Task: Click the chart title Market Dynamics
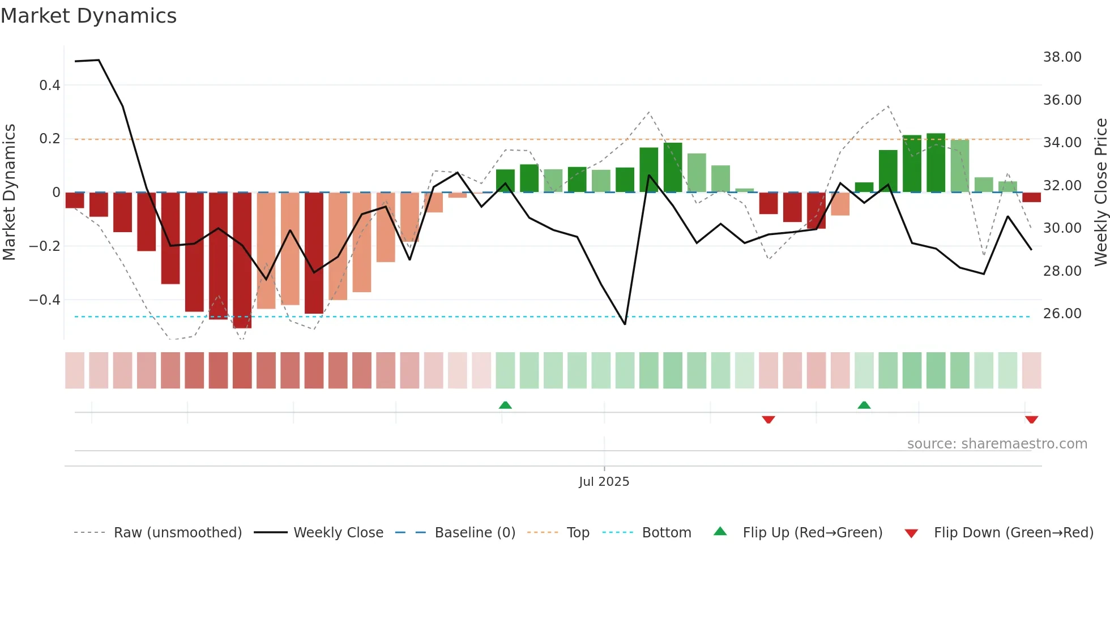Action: pyautogui.click(x=89, y=16)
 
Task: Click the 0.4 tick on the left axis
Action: pyautogui.click(x=50, y=86)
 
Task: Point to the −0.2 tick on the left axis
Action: pyautogui.click(x=45, y=246)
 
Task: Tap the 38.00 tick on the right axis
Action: pyautogui.click(x=1062, y=57)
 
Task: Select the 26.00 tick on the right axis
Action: pyautogui.click(x=1062, y=314)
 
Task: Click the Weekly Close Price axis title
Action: pyautogui.click(x=1100, y=192)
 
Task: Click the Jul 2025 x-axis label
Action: pyautogui.click(x=604, y=482)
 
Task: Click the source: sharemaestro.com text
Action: pyautogui.click(x=997, y=444)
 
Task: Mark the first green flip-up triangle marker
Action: pyautogui.click(x=505, y=405)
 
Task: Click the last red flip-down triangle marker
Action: pyautogui.click(x=1031, y=420)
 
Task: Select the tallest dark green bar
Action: pyautogui.click(x=936, y=163)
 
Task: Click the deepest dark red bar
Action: pyautogui.click(x=242, y=260)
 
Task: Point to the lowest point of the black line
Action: pyautogui.click(x=625, y=324)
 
